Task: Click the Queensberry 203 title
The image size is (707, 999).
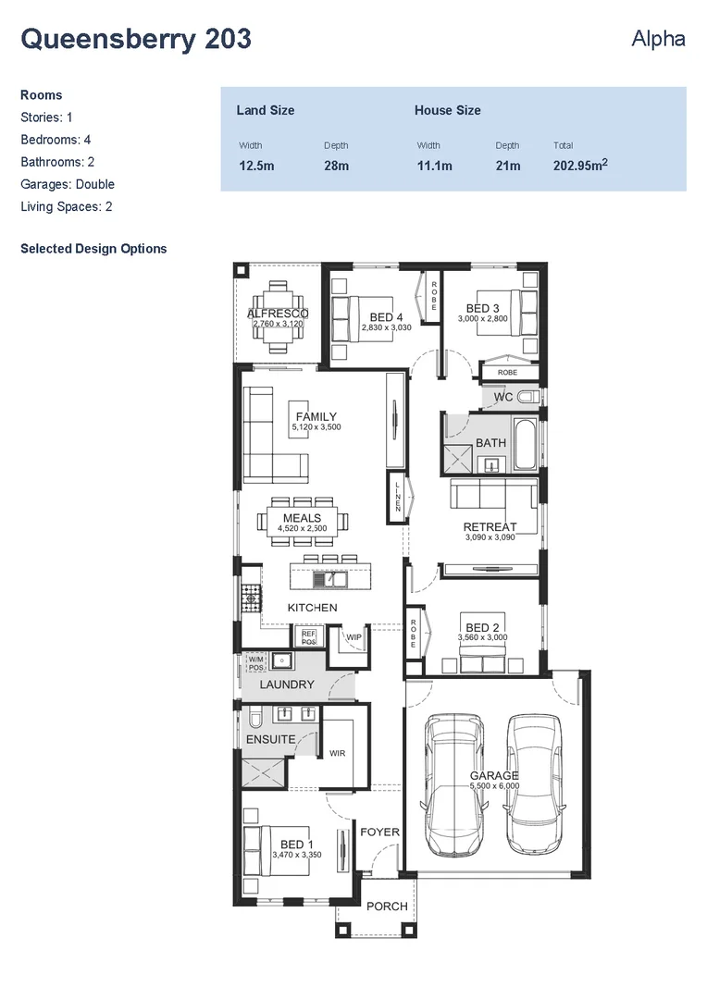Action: [135, 39]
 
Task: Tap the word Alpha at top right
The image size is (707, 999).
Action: [658, 39]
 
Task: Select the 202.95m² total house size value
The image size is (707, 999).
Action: [580, 166]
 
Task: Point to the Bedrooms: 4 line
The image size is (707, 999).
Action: [56, 140]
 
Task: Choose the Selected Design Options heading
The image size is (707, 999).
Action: [93, 249]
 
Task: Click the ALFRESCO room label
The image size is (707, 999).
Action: [278, 314]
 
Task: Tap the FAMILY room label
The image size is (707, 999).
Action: [316, 416]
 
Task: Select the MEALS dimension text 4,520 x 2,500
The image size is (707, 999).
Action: [302, 528]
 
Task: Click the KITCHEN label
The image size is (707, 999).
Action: [312, 608]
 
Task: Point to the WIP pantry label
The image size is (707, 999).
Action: [353, 637]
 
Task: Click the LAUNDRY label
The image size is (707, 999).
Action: [287, 684]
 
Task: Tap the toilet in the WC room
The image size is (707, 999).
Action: [528, 397]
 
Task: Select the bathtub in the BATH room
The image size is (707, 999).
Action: [524, 444]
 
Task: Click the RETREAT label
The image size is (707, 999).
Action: [490, 527]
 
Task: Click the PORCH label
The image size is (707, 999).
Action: [386, 906]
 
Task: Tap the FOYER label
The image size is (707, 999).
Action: [379, 832]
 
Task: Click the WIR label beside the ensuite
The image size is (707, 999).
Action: [337, 753]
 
